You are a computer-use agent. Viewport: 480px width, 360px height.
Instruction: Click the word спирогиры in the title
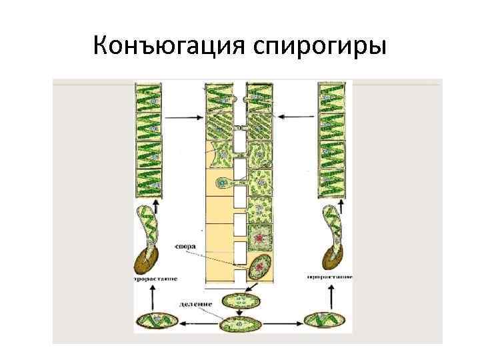click(x=321, y=47)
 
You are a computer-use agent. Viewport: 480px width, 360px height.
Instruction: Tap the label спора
click(x=185, y=245)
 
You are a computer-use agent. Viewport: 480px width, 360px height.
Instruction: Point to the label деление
click(x=195, y=304)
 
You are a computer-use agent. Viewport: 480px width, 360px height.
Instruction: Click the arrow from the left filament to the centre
click(x=183, y=118)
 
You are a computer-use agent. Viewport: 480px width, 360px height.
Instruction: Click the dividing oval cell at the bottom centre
click(x=239, y=324)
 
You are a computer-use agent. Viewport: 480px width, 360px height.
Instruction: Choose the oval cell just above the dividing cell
click(x=239, y=301)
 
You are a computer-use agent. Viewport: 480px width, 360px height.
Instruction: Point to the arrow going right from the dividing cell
click(x=282, y=324)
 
